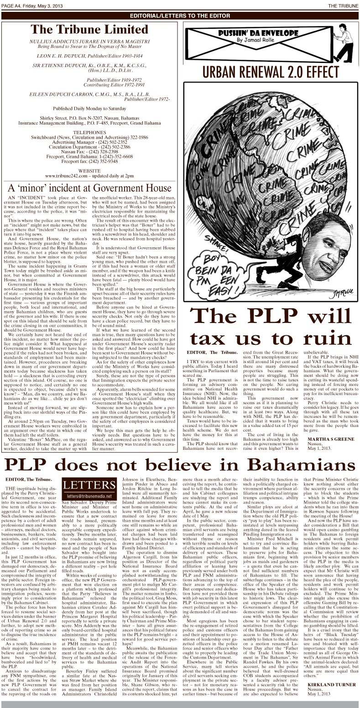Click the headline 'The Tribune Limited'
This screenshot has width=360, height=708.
pos(89,29)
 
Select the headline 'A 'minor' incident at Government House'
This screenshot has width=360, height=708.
pos(90,187)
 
